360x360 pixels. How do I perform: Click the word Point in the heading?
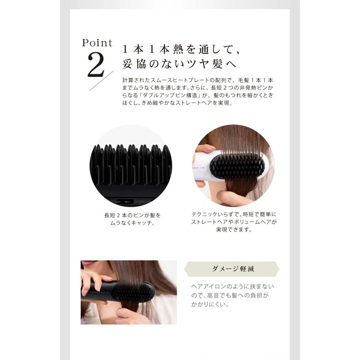(x=97, y=43)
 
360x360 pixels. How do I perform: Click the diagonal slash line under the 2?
(x=98, y=81)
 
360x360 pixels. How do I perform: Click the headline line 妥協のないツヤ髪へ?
(x=179, y=64)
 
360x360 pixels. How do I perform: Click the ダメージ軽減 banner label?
(x=232, y=269)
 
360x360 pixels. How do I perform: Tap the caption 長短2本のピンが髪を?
(x=132, y=215)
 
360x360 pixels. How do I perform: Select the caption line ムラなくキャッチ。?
(x=132, y=223)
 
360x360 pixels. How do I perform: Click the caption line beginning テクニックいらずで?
(x=234, y=215)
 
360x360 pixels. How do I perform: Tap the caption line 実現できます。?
(x=234, y=230)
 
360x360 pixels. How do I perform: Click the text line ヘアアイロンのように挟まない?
(x=233, y=287)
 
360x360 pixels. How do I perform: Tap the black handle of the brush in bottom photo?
(x=96, y=291)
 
